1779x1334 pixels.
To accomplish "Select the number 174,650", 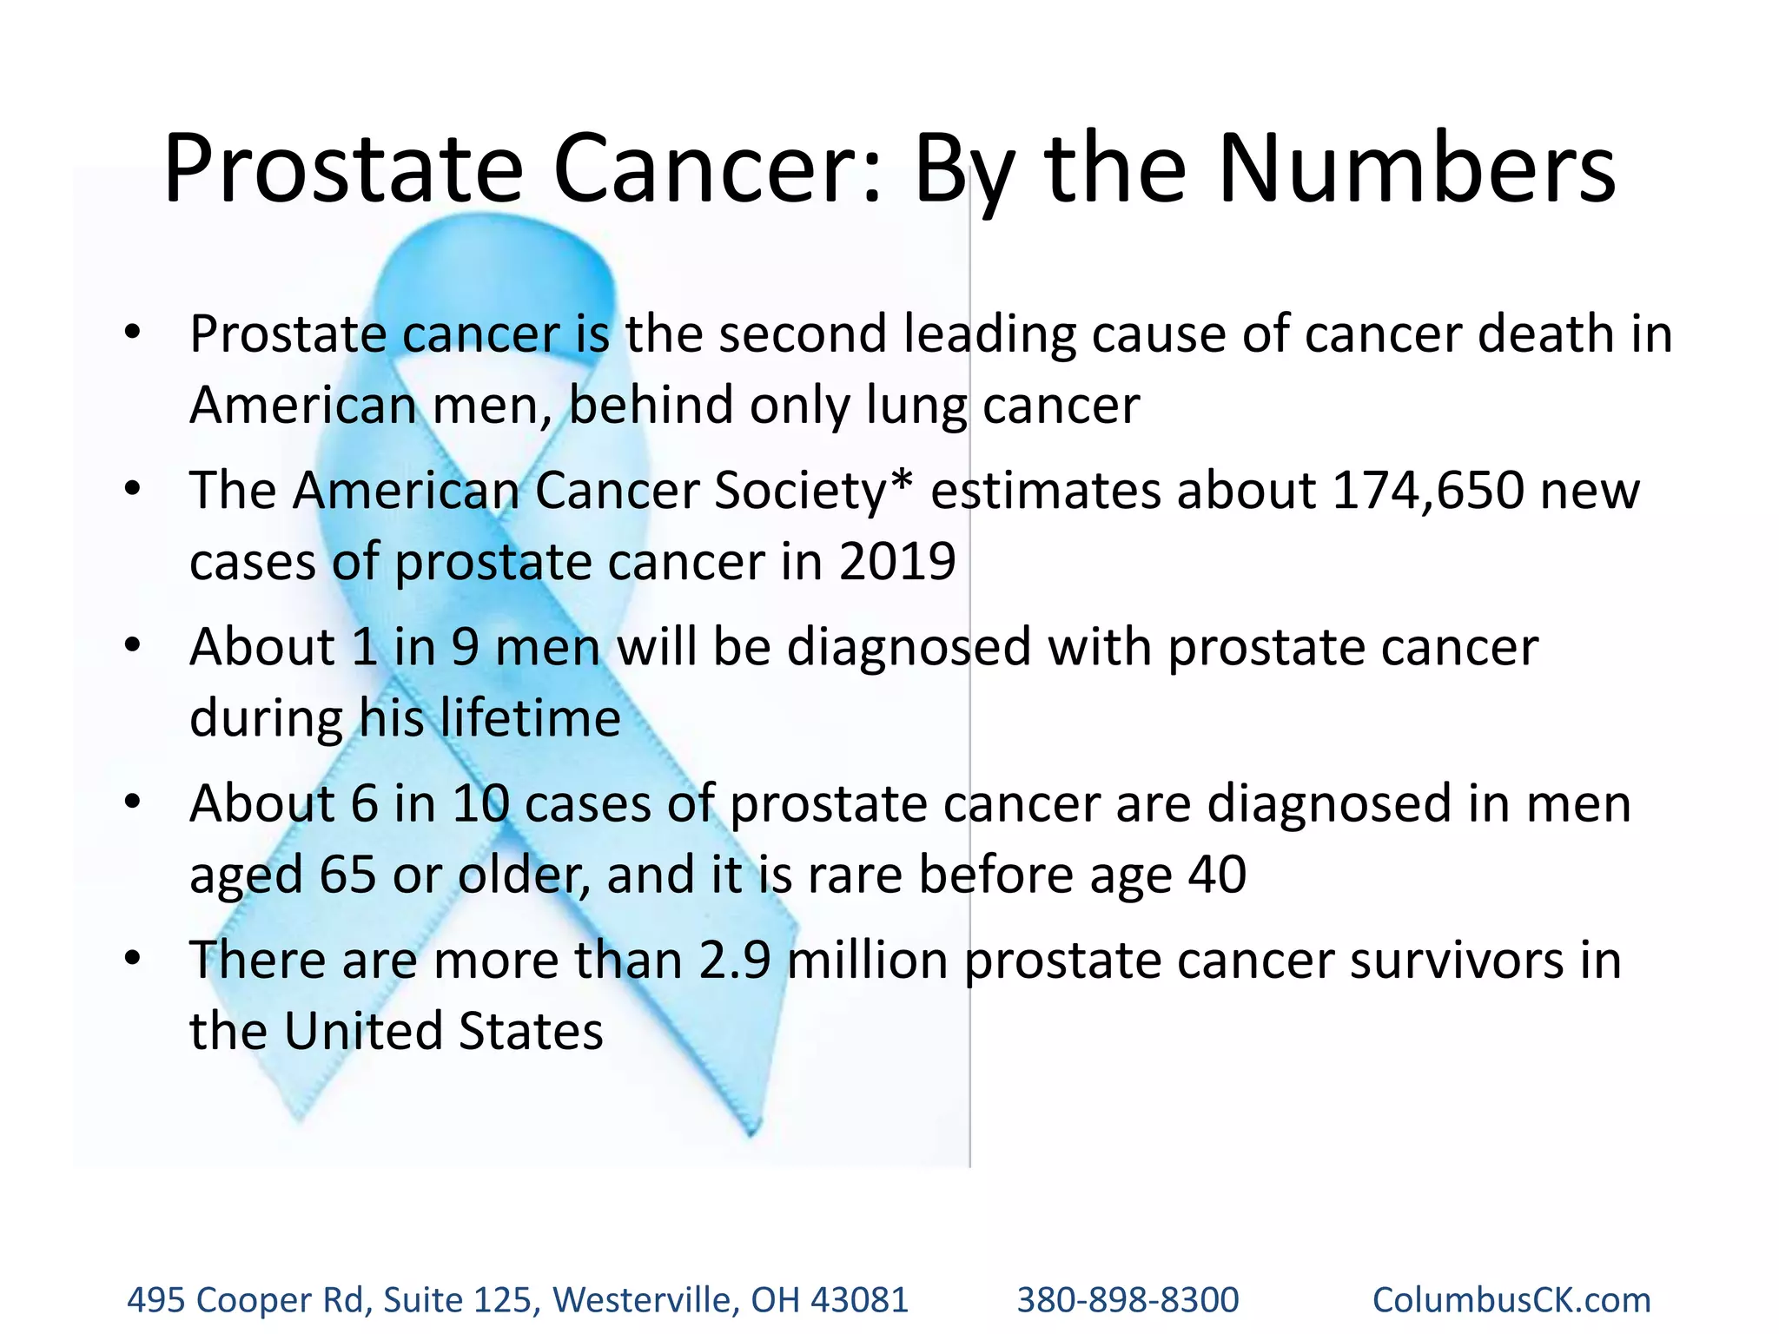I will click(x=1427, y=491).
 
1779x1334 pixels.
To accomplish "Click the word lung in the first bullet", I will click(x=916, y=406).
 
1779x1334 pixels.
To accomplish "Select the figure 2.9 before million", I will click(x=734, y=961).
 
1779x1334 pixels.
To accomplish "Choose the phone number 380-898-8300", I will click(x=1128, y=1300).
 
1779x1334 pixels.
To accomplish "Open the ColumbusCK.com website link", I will click(x=1511, y=1300).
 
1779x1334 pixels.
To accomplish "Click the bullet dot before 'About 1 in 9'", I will click(x=132, y=647).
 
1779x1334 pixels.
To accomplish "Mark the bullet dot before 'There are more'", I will click(x=132, y=960).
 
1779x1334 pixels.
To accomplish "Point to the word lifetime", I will click(x=530, y=718).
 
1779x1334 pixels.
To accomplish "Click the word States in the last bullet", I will click(x=530, y=1032).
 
